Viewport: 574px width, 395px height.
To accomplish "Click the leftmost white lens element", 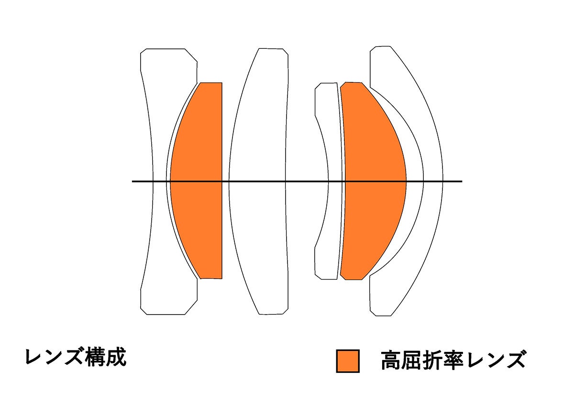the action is click(158, 120).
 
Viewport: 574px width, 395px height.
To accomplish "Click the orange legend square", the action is click(347, 361).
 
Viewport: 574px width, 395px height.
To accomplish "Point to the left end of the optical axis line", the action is click(133, 181).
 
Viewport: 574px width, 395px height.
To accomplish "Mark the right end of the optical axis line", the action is click(461, 181).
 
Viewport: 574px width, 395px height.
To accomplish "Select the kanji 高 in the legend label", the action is click(392, 361).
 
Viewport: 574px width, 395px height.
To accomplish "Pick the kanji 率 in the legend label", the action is click(460, 361).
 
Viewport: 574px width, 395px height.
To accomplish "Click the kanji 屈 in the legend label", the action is click(415, 361).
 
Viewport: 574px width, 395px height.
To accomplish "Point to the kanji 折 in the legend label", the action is click(437, 361).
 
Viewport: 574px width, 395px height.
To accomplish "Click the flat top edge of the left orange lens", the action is click(211, 83).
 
